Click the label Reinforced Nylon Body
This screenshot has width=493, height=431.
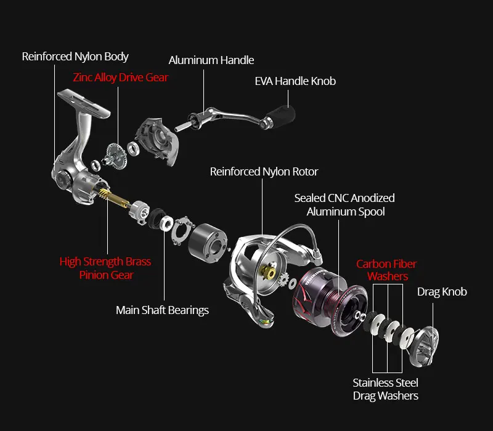pyautogui.click(x=75, y=57)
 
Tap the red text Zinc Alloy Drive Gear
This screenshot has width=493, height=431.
pyautogui.click(x=121, y=78)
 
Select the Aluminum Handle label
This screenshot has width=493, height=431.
pyautogui.click(x=211, y=60)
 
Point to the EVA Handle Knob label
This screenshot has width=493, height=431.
pyautogui.click(x=295, y=81)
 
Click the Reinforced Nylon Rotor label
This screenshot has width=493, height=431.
pyautogui.click(x=264, y=172)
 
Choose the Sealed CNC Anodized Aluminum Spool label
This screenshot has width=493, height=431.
pyautogui.click(x=344, y=205)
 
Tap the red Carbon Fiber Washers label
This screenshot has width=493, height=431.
pyautogui.click(x=386, y=270)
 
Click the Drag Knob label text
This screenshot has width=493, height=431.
pyautogui.click(x=442, y=292)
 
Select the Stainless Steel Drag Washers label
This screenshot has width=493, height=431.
pyautogui.click(x=385, y=389)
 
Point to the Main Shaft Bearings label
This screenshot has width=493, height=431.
pyautogui.click(x=162, y=310)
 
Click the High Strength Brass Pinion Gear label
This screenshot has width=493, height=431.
pyautogui.click(x=105, y=268)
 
